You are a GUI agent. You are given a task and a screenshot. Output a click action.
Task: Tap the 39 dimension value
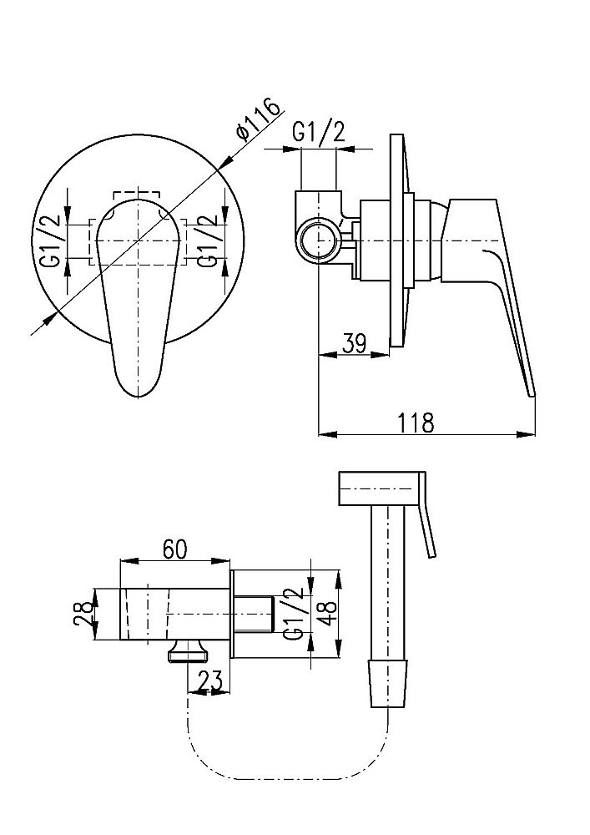click(355, 342)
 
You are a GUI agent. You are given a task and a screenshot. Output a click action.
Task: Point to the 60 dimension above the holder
click(175, 549)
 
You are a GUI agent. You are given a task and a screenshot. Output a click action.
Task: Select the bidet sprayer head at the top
click(381, 489)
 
